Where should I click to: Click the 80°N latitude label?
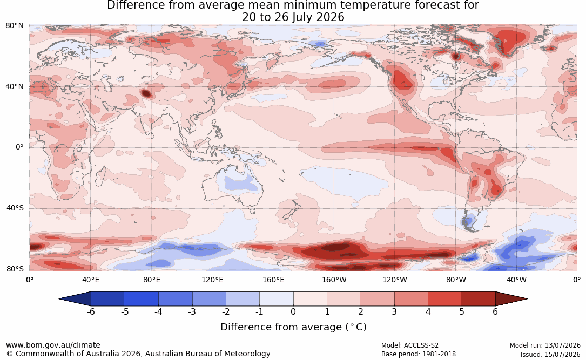[14, 26]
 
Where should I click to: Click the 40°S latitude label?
[15, 208]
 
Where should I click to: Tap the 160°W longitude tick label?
[334, 280]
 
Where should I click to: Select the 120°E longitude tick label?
[212, 280]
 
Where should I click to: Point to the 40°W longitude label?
[516, 280]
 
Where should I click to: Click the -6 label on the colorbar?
[91, 311]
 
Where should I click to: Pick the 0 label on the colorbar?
[293, 311]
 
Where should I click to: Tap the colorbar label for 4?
[428, 311]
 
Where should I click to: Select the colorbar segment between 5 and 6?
[479, 299]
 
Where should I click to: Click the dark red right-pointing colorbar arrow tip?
[527, 299]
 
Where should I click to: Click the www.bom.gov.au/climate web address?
[53, 345]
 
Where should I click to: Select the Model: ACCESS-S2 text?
[409, 345]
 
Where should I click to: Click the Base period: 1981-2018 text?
[418, 354]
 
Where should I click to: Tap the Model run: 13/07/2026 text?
[545, 345]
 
